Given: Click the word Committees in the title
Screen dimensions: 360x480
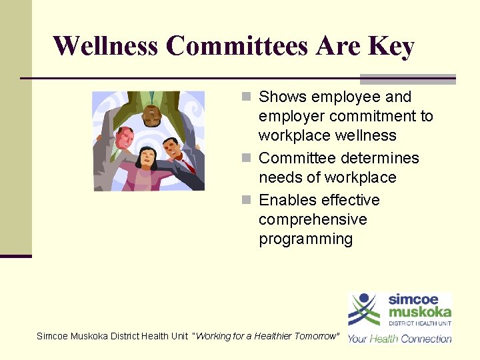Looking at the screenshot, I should pyautogui.click(x=237, y=47).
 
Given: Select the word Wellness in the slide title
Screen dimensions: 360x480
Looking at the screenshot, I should pyautogui.click(x=106, y=47).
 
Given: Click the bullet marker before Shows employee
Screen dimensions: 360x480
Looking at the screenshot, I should pyautogui.click(x=246, y=97).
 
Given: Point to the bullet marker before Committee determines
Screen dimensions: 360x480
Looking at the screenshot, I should pyautogui.click(x=246, y=159).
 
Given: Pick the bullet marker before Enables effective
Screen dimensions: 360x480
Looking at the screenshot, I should pyautogui.click(x=246, y=201).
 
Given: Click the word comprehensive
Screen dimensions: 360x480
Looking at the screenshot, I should pyautogui.click(x=313, y=219).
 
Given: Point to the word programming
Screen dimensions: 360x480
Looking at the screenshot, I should pyautogui.click(x=305, y=239).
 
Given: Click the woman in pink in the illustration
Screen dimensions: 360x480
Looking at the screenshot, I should pyautogui.click(x=146, y=170).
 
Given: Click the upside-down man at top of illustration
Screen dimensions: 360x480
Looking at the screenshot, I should pyautogui.click(x=151, y=110).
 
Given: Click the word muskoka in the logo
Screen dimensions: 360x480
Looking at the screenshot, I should pyautogui.click(x=420, y=311).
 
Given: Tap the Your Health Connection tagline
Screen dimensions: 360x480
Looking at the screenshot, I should pyautogui.click(x=399, y=338).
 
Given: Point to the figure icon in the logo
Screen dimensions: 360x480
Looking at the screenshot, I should pyautogui.click(x=364, y=309).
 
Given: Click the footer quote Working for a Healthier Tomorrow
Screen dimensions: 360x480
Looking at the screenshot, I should pyautogui.click(x=265, y=336).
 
